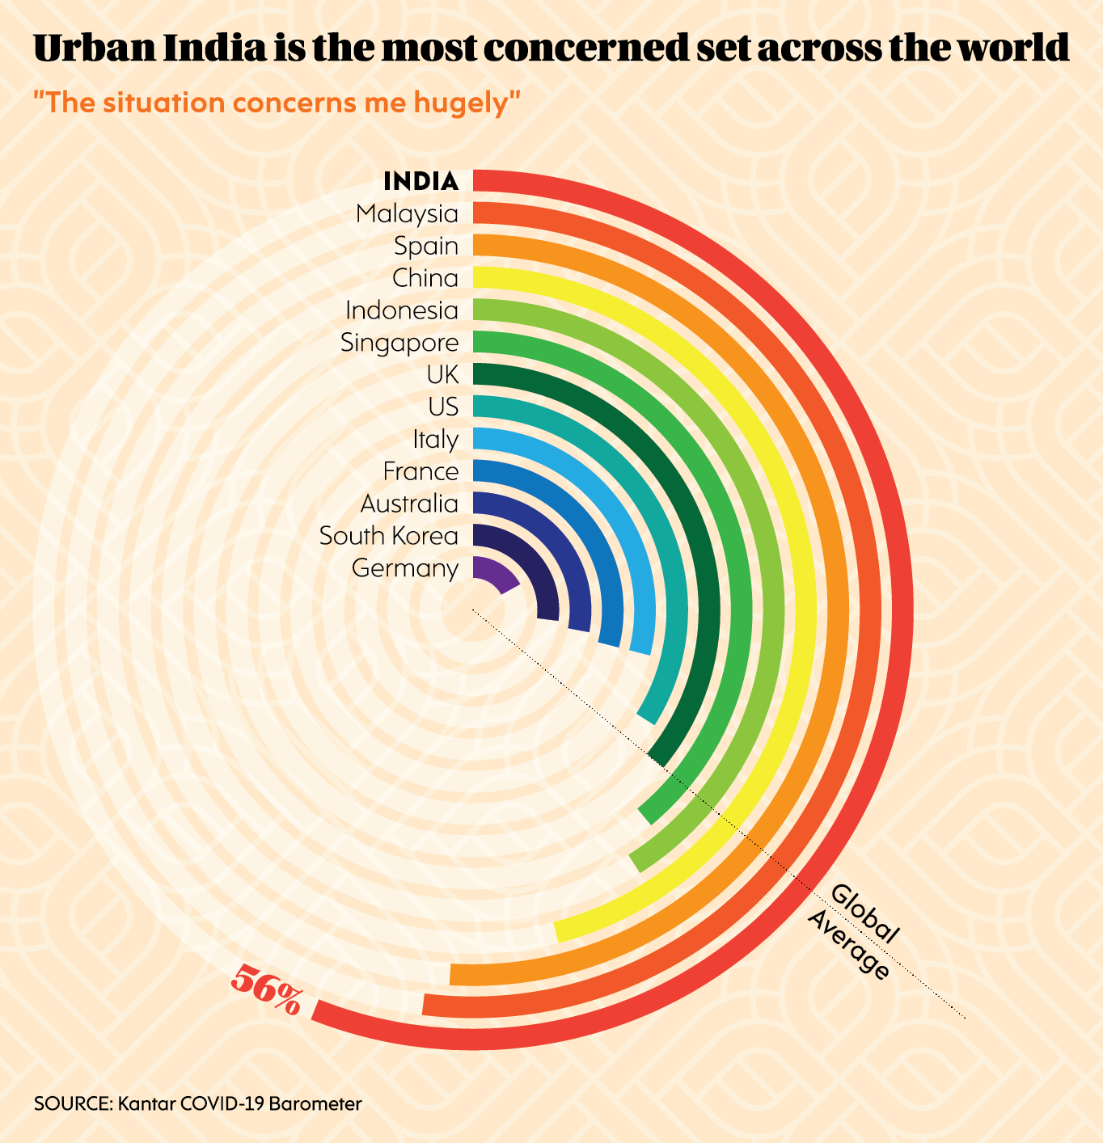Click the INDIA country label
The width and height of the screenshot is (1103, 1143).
tap(420, 181)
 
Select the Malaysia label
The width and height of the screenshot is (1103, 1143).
tap(407, 214)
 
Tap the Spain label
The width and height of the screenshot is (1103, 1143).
tap(426, 246)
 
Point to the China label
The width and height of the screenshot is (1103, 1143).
tap(425, 278)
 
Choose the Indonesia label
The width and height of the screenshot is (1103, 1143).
tap(402, 310)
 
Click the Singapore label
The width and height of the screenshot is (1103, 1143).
tap(399, 343)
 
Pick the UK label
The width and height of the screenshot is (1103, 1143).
tap(442, 375)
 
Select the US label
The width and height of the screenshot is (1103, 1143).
tap(443, 407)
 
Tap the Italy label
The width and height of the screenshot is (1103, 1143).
tap(435, 440)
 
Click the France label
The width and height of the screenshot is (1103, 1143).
tap(420, 471)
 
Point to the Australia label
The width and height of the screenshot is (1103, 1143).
tap(409, 504)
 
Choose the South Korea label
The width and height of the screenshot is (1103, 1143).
tap(389, 536)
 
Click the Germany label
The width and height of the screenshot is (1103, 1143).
tap(405, 568)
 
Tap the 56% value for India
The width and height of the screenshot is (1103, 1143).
tap(266, 989)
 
